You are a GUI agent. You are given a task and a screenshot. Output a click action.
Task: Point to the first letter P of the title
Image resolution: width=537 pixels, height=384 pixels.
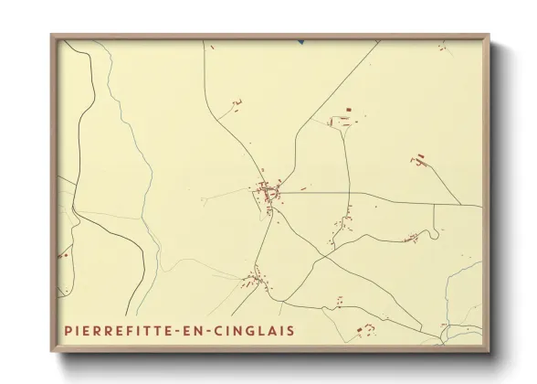tap(68, 330)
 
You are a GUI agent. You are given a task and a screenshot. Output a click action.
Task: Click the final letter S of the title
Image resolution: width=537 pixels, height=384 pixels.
tap(290, 330)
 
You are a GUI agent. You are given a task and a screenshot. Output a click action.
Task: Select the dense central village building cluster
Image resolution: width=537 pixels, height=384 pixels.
tap(269, 195)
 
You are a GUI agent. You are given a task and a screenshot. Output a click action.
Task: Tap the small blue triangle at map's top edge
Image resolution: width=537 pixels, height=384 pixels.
tap(300, 41)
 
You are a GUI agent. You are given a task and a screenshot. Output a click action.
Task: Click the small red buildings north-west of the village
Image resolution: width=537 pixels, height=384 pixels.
tap(236, 105)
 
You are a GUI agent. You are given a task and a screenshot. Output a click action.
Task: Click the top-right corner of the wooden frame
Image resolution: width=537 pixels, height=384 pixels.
tap(489, 36)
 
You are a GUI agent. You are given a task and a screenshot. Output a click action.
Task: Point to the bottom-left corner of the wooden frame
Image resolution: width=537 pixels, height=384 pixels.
tap(51, 351)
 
